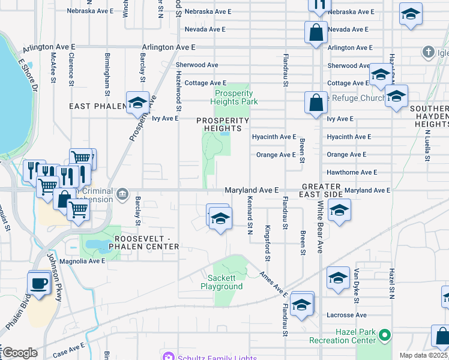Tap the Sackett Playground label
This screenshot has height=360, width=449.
tap(225, 282)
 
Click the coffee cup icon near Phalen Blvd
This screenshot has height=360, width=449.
tap(40, 283)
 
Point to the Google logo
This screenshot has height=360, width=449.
tap(20, 353)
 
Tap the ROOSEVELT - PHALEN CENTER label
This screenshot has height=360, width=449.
tap(139, 242)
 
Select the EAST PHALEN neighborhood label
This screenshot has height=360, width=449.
tap(97, 106)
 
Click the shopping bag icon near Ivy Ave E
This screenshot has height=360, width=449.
tap(316, 103)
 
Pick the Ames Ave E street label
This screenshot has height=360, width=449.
tap(274, 284)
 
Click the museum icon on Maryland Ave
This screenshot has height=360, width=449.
tap(122, 193)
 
